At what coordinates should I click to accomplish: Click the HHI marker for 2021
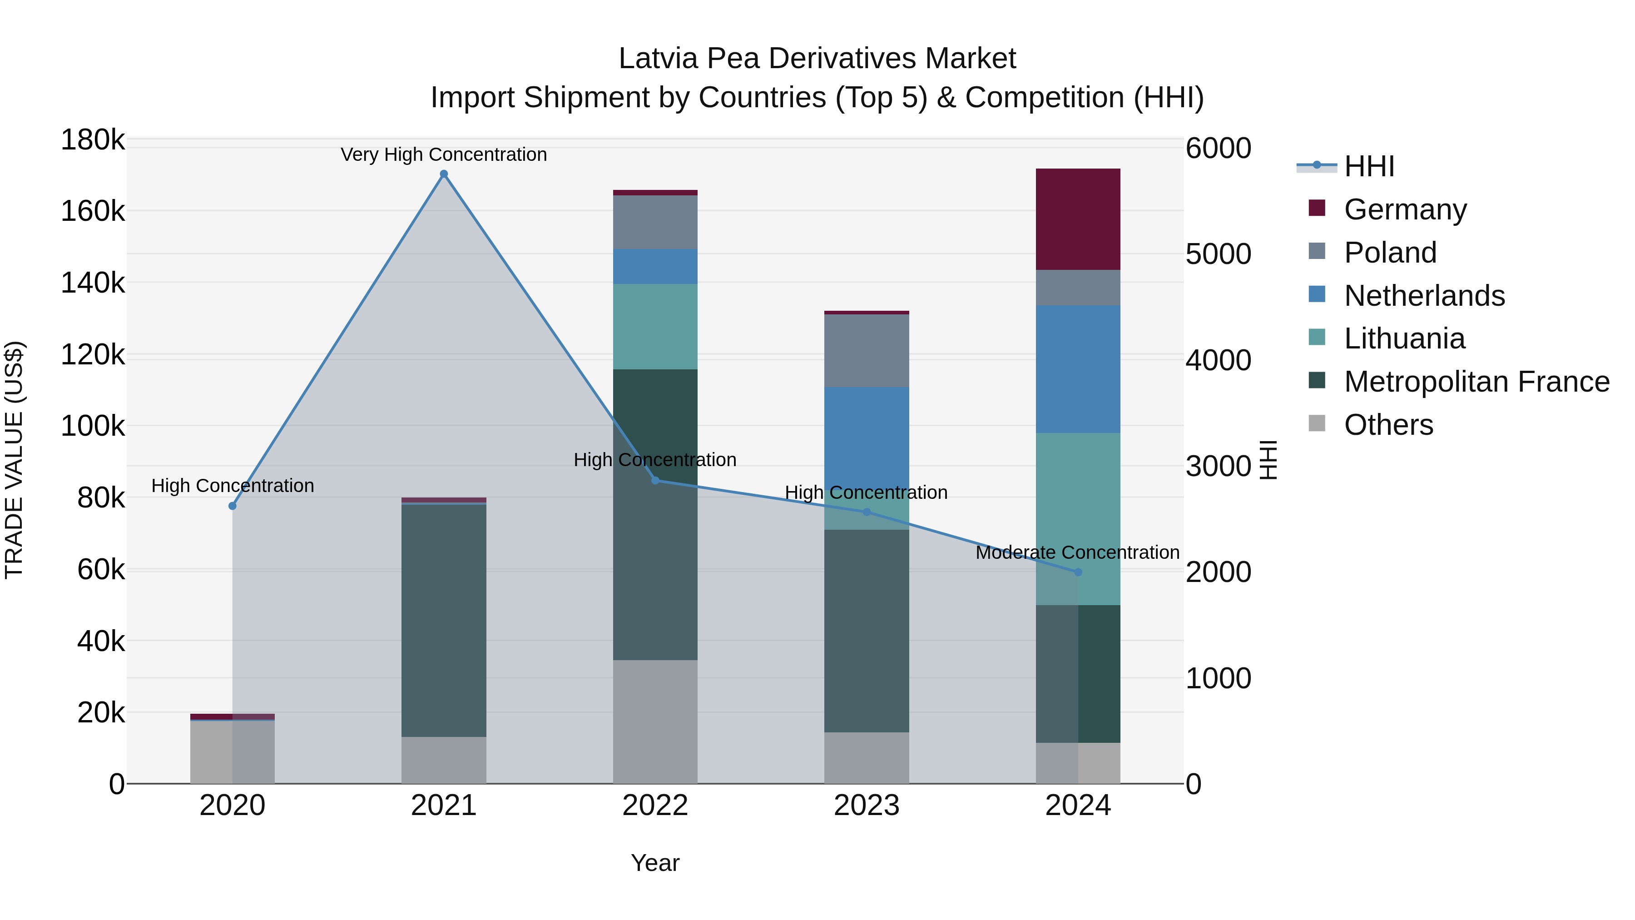(444, 174)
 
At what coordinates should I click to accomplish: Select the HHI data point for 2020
(232, 506)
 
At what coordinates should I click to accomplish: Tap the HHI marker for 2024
(1078, 572)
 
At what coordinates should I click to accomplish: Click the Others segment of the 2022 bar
(655, 721)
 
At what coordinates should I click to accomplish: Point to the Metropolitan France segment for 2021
(444, 620)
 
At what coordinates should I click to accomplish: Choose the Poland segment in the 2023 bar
(867, 350)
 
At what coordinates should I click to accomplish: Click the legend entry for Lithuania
(1404, 338)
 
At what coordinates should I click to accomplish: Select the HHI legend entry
(1369, 166)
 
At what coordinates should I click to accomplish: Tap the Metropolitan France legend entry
(1476, 382)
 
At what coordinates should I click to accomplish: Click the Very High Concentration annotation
(444, 154)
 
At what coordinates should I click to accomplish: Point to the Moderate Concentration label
(1077, 552)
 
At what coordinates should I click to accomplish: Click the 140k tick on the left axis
(93, 283)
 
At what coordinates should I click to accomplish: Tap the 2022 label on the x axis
(655, 805)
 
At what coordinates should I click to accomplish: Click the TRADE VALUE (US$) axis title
(14, 460)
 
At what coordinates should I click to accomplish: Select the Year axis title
(655, 863)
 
